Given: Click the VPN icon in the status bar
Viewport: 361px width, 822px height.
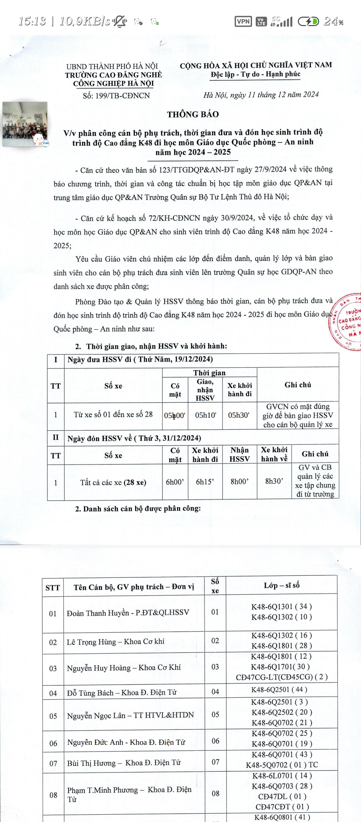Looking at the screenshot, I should (x=243, y=22).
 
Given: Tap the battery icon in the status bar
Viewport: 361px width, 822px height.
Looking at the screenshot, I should (x=308, y=22).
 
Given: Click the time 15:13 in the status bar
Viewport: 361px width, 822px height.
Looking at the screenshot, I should (x=32, y=21).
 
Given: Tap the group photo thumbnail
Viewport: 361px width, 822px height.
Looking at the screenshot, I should (x=25, y=124).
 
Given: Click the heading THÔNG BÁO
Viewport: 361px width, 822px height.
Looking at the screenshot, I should (x=193, y=114).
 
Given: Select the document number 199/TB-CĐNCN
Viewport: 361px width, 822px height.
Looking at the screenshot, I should (x=116, y=96).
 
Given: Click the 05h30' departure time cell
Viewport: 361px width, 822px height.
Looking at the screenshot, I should (x=239, y=415).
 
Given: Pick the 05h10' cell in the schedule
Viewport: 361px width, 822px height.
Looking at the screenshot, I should (x=206, y=415).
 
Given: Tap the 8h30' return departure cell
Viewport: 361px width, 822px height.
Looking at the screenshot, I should (x=274, y=481).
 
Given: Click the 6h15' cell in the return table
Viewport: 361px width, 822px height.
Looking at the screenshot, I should (x=205, y=482).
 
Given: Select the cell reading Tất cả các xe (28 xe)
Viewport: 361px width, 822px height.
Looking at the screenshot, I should (x=113, y=483).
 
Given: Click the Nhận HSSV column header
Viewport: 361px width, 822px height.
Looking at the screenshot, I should (x=239, y=454).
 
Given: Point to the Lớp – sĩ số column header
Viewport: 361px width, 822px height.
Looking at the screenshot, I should (x=281, y=585).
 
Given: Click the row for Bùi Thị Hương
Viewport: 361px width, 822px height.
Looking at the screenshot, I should (x=124, y=763).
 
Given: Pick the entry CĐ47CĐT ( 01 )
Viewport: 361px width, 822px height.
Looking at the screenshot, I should (x=282, y=807).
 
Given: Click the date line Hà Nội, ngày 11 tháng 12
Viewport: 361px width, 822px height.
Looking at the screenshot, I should (x=261, y=95).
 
